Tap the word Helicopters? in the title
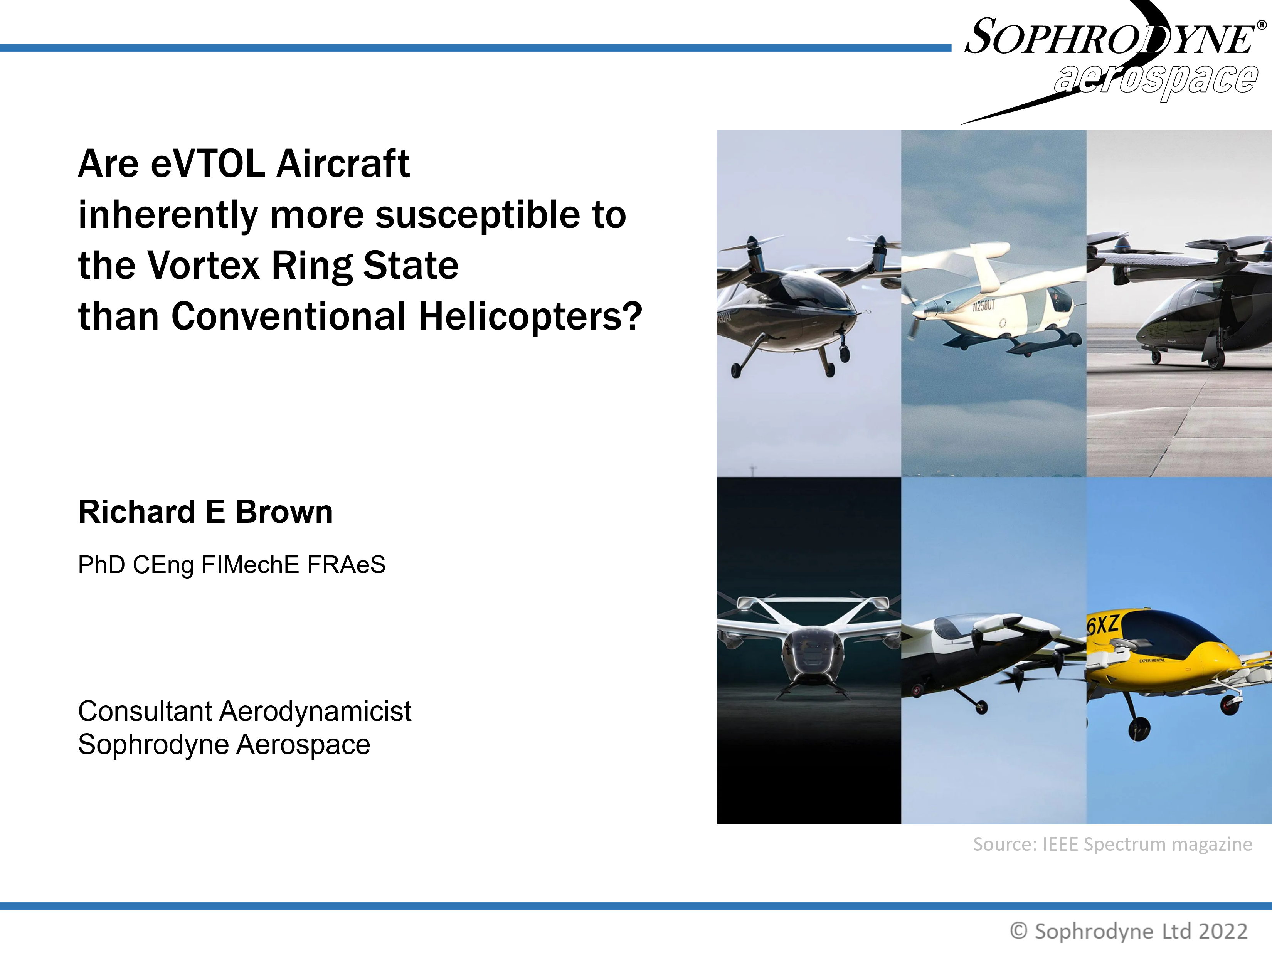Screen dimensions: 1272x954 530,317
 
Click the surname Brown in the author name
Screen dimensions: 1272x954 284,512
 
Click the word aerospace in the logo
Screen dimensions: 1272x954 1156,79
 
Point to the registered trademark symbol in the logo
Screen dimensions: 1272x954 1262,25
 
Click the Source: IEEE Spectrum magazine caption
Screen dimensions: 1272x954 1112,844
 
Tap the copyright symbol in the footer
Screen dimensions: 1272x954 1018,931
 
